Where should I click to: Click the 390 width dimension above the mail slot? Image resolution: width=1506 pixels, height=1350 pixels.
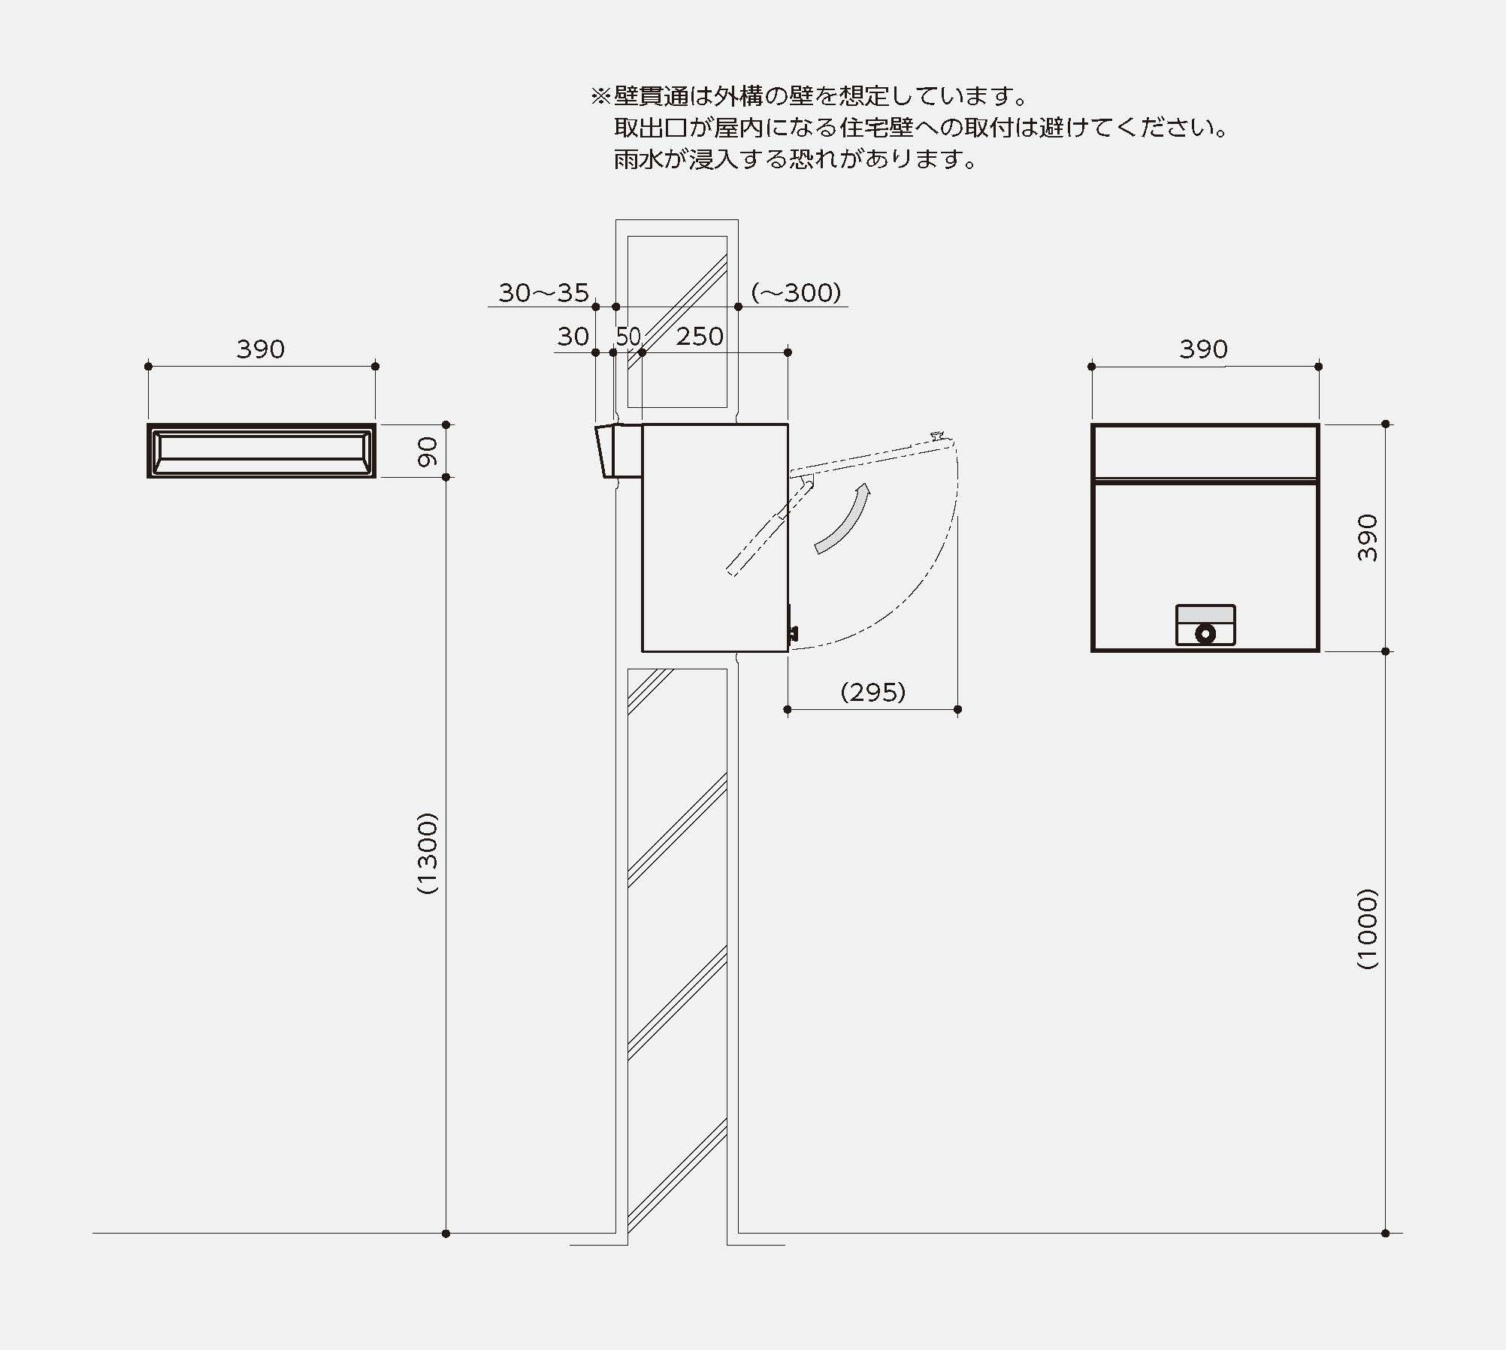pyautogui.click(x=260, y=349)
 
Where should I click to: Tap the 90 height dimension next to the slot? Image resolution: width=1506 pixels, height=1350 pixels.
pyautogui.click(x=427, y=451)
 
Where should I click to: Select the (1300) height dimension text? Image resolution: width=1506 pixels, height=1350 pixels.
pyautogui.click(x=427, y=853)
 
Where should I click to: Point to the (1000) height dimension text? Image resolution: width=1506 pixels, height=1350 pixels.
pyautogui.click(x=1368, y=929)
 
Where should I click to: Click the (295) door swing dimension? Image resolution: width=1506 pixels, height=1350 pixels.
pyautogui.click(x=872, y=692)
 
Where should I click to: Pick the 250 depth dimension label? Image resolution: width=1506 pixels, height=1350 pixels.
pyautogui.click(x=699, y=337)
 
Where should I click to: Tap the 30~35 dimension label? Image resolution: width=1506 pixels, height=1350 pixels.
pyautogui.click(x=543, y=293)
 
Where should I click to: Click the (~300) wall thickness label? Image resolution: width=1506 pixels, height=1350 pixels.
pyautogui.click(x=796, y=293)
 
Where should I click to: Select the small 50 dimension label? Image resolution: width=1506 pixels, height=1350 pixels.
pyautogui.click(x=628, y=337)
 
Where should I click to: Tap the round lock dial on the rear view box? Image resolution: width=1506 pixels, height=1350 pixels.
pyautogui.click(x=1205, y=633)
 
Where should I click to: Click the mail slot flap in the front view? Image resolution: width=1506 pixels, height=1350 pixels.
pyautogui.click(x=262, y=451)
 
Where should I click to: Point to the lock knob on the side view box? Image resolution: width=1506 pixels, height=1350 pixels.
pyautogui.click(x=792, y=633)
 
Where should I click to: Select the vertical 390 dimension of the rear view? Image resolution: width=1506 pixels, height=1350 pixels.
pyautogui.click(x=1368, y=537)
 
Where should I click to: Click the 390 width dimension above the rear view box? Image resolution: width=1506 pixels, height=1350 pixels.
pyautogui.click(x=1203, y=349)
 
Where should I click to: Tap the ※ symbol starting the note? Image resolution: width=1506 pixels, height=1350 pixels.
pyautogui.click(x=600, y=96)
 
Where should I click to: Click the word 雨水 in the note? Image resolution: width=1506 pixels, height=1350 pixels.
pyautogui.click(x=638, y=160)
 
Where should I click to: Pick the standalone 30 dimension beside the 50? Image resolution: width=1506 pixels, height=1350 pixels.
pyautogui.click(x=573, y=337)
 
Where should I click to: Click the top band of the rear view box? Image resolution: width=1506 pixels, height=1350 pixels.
pyautogui.click(x=1205, y=451)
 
